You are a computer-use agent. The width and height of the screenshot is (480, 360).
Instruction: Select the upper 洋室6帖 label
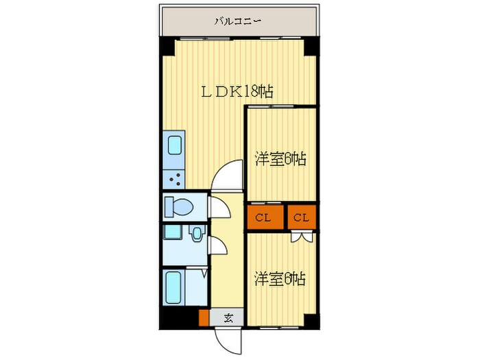click(x=280, y=159)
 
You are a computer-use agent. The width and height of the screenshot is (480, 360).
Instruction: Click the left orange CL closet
click(x=263, y=218)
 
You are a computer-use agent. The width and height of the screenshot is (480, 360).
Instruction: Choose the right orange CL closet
click(x=302, y=218)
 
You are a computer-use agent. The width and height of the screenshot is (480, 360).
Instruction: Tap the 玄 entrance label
click(x=230, y=318)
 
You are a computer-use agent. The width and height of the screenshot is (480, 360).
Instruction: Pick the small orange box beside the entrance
click(x=203, y=318)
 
